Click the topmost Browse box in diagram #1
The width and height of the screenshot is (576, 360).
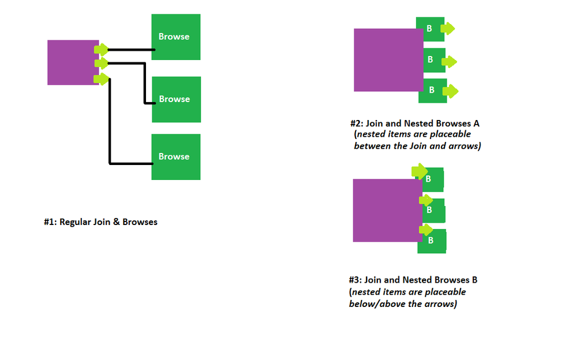pos(175,37)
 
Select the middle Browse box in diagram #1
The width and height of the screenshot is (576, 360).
pos(176,99)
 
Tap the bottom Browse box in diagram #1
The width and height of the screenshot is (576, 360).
pos(175,157)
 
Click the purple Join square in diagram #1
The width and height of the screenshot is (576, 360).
pos(72,62)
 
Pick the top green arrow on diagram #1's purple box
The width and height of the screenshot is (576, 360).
pos(102,50)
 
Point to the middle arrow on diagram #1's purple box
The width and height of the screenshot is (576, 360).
pos(102,63)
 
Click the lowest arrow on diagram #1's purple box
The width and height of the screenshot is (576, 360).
pos(102,78)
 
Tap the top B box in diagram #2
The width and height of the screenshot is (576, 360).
pos(429,28)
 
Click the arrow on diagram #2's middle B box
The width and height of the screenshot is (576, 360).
pos(449,61)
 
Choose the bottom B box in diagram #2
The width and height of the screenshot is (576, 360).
pos(432,91)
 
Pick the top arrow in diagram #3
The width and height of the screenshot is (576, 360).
pos(419,171)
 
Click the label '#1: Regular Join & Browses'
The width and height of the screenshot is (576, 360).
pos(100,222)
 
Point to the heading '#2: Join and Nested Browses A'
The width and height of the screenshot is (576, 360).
pos(414,123)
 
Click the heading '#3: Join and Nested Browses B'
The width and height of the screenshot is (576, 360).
pos(413,280)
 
